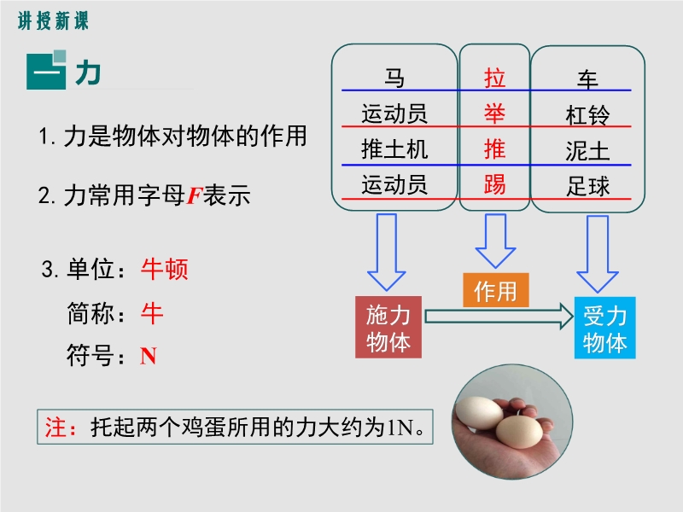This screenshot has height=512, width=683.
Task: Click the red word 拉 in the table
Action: tap(495, 79)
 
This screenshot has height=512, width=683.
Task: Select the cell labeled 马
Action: tap(394, 79)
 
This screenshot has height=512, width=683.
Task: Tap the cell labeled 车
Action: tap(587, 79)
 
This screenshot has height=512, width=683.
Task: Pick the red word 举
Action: tap(495, 114)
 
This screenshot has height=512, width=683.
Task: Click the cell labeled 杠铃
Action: tap(587, 115)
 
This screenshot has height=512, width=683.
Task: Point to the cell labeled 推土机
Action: tap(394, 149)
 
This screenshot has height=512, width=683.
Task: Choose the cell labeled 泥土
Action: tap(587, 152)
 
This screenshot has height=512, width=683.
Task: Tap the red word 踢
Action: tap(495, 184)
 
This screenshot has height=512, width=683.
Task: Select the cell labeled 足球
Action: tap(587, 186)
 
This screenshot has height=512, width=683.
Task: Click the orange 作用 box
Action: tap(496, 290)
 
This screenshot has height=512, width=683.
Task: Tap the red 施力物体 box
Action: tap(388, 327)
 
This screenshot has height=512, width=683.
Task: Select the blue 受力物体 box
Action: tap(605, 328)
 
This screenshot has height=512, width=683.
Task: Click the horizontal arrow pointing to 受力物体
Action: tap(499, 317)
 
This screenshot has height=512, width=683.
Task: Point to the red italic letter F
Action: tap(195, 195)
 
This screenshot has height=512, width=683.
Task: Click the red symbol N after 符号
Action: tap(148, 356)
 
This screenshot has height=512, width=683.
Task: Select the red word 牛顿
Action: tap(165, 269)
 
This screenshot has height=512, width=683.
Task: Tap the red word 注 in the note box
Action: tap(55, 427)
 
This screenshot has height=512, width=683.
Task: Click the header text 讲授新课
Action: tap(53, 20)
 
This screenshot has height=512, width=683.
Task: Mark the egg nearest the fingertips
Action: tap(519, 433)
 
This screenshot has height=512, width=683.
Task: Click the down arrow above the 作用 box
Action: tap(496, 241)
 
